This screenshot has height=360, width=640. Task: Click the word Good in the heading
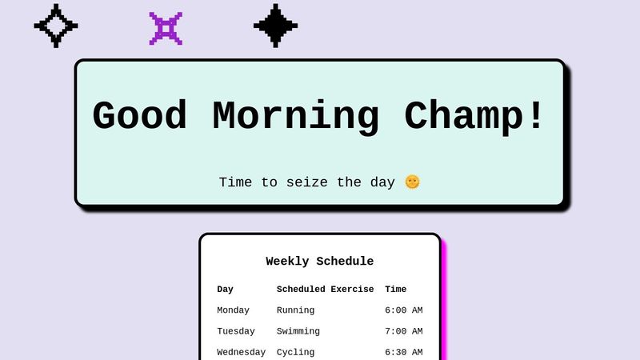point(140,116)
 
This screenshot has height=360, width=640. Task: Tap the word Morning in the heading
point(295,116)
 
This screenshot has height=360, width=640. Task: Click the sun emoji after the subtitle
point(412,182)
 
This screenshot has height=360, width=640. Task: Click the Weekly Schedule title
point(319,262)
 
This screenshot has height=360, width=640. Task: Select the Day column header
point(225,290)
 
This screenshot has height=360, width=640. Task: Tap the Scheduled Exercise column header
point(325,290)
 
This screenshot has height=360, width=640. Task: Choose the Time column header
point(395,290)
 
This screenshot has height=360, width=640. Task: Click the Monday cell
point(233,310)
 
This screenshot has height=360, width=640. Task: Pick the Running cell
point(295,310)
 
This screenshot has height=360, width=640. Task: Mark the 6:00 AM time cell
point(403,310)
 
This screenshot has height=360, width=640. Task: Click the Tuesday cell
point(236,331)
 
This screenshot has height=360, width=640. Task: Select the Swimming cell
point(298,331)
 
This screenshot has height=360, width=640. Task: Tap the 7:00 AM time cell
point(403,331)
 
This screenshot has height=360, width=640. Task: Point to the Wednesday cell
point(241,352)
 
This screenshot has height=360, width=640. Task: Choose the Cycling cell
point(295,352)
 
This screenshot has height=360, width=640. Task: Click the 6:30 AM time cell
point(403,352)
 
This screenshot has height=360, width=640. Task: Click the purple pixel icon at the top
point(166,28)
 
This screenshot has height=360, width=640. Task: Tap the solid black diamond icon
point(275,26)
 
